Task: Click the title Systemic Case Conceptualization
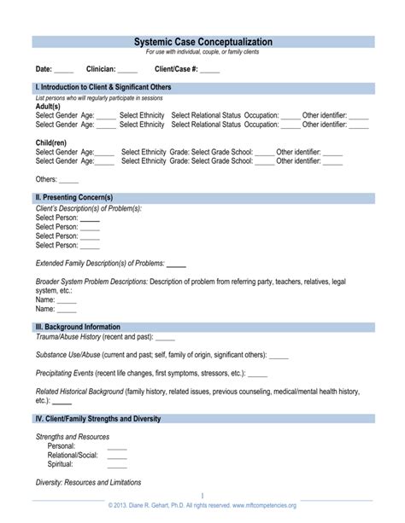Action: (x=202, y=42)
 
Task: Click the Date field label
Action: (x=44, y=69)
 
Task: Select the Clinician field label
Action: (x=100, y=69)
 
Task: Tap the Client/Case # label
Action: (x=176, y=69)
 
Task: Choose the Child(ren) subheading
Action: (x=51, y=143)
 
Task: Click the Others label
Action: (x=46, y=180)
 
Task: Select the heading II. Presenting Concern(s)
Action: (x=73, y=198)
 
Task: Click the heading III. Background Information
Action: (x=77, y=327)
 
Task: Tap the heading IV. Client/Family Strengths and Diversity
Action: (x=97, y=419)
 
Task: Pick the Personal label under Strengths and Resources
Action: (x=62, y=446)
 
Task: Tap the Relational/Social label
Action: (x=73, y=456)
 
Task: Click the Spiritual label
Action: (x=61, y=465)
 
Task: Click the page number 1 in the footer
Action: (x=202, y=496)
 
